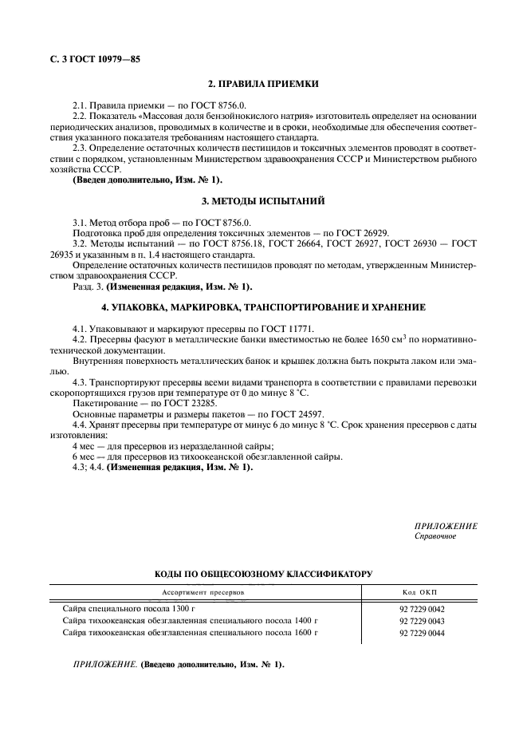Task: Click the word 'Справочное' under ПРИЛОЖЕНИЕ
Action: click(x=435, y=536)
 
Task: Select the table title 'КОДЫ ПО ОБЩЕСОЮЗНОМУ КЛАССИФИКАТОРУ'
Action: click(x=263, y=573)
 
